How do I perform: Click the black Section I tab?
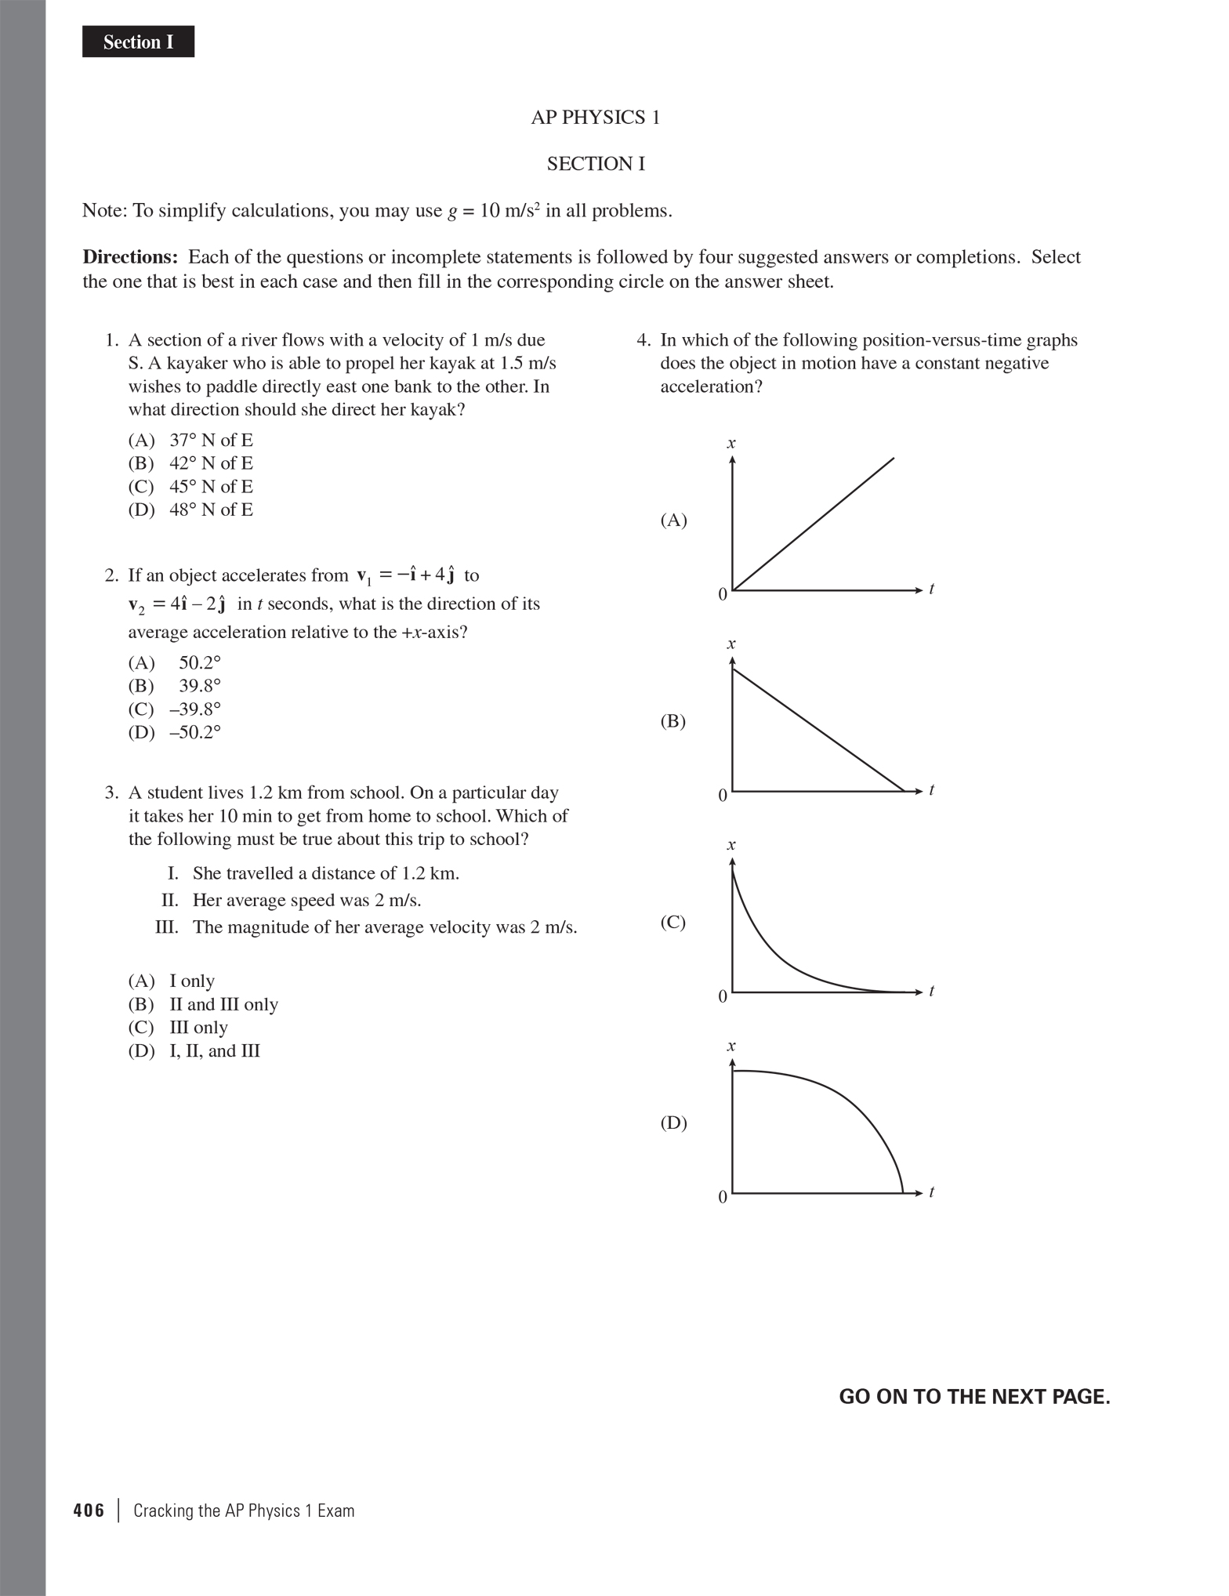coord(138,42)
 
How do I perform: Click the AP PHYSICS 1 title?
coord(596,118)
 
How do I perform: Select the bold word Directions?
coord(131,257)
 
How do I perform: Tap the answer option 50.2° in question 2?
coord(199,663)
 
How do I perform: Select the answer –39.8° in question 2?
coord(195,709)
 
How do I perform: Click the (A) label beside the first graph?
coord(673,521)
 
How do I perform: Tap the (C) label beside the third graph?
coord(673,922)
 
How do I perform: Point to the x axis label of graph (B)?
coord(731,644)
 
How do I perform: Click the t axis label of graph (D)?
coord(931,1192)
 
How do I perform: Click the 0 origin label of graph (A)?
coord(723,595)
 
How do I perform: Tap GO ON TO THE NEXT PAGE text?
coord(974,1397)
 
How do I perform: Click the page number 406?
coord(89,1511)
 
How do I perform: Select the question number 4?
coord(644,340)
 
